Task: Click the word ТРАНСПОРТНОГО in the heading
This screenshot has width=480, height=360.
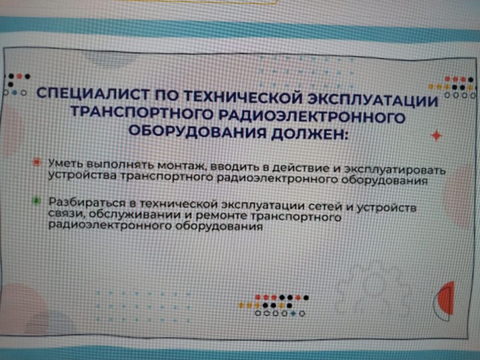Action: point(143,113)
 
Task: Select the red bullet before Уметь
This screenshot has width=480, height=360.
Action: point(37,162)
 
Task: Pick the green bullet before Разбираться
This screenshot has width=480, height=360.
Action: point(37,201)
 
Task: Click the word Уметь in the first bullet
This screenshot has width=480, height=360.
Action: point(67,163)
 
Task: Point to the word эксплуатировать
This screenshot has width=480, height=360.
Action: point(395,170)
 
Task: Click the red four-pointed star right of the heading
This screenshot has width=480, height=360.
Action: point(436,135)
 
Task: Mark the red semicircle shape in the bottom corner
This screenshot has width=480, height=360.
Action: point(446,299)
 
